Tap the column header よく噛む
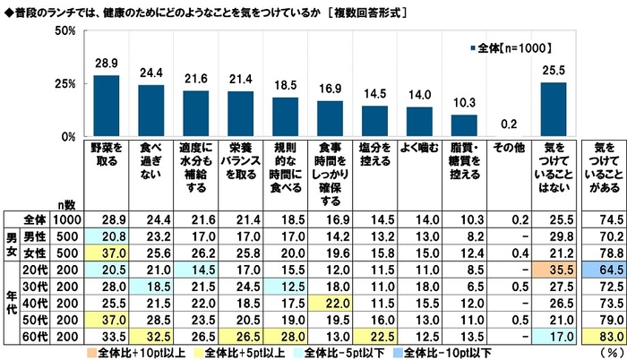(419, 147)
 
